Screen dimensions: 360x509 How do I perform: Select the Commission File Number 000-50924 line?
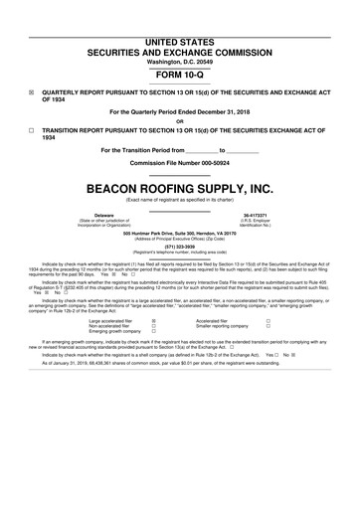(x=180, y=163)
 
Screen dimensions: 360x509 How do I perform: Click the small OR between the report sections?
(x=180, y=122)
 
